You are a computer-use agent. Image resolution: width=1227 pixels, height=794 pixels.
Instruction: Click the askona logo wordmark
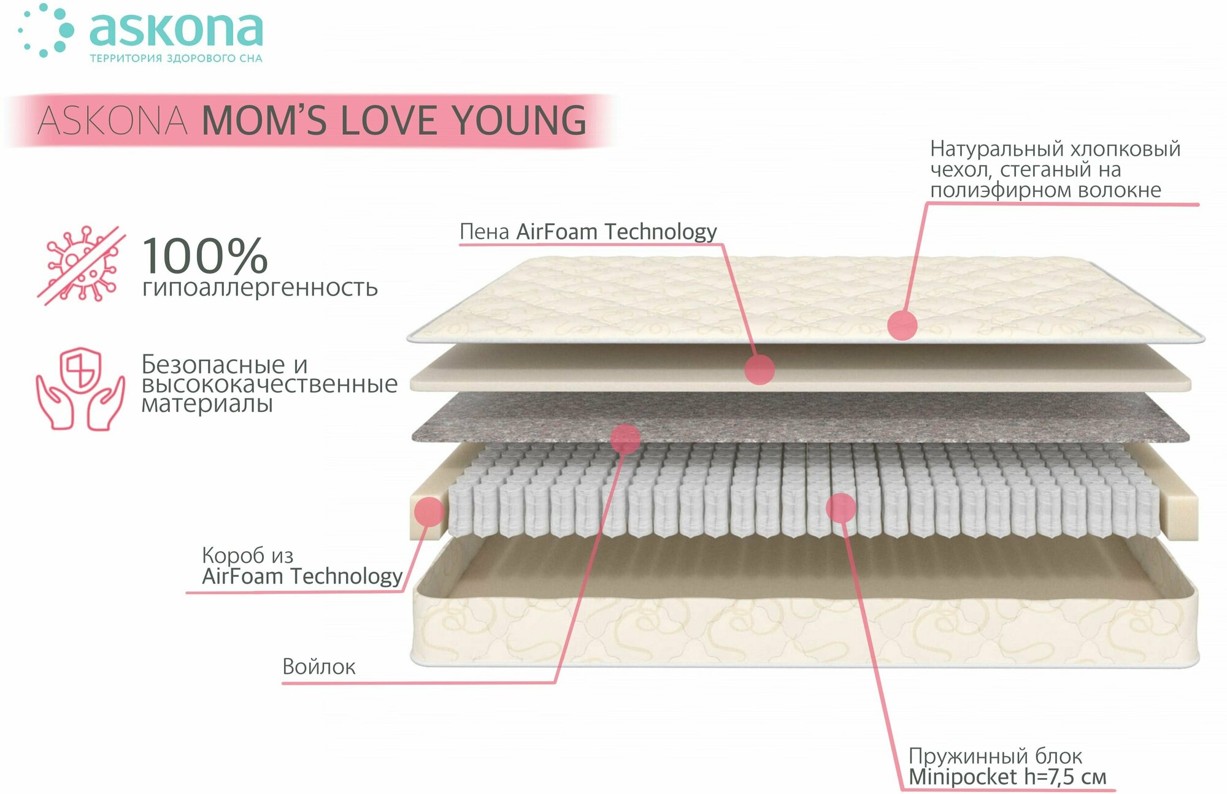pos(177,29)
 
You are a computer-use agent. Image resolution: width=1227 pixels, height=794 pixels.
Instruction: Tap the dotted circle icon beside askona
pos(46,31)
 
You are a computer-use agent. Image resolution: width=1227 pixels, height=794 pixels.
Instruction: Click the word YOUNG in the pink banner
pos(520,120)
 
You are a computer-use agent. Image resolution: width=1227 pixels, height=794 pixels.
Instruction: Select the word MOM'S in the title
pos(264,120)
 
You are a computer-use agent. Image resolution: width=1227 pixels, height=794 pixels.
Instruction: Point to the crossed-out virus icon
pos(81,265)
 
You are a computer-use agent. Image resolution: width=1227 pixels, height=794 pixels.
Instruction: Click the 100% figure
pos(205,256)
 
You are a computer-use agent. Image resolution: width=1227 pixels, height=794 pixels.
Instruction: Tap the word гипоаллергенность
pos(260,288)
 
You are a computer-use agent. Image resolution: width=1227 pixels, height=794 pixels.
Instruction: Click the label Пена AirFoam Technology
pos(588,232)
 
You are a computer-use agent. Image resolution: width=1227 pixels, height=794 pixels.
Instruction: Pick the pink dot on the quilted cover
pos(902,324)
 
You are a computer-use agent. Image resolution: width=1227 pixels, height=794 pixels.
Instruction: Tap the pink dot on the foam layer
pos(760,369)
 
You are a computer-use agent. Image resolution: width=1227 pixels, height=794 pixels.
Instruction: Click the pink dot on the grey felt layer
pos(625,438)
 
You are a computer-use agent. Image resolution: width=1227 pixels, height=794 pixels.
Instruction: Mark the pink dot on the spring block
pos(840,508)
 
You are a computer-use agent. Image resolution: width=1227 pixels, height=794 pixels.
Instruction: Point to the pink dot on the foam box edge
pos(429,511)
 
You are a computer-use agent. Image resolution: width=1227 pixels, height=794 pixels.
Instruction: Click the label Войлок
pos(318,666)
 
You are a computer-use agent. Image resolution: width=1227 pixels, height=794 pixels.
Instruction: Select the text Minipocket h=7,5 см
pos(1007,777)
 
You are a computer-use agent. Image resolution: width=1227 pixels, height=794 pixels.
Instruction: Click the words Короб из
pos(247,555)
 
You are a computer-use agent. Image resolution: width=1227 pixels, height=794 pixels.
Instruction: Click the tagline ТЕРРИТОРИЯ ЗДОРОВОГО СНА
pos(176,59)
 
